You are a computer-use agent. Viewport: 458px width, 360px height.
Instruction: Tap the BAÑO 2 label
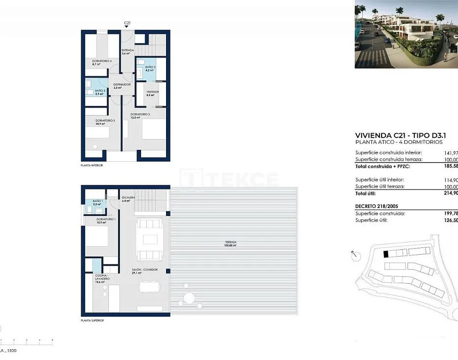[x=150, y=67]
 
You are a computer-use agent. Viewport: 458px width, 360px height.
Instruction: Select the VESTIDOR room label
[x=152, y=92]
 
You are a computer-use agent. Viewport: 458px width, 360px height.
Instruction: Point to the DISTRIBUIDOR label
[x=122, y=85]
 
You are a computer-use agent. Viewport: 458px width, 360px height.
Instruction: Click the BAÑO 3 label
[x=100, y=91]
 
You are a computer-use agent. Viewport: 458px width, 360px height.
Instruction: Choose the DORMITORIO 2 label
[x=140, y=115]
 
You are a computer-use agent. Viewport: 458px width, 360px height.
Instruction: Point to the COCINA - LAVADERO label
[x=102, y=277]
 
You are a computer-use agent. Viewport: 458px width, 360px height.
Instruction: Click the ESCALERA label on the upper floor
[x=129, y=198]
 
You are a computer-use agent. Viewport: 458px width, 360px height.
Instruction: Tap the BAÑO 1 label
[x=97, y=201]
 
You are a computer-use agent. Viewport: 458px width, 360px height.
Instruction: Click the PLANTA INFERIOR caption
[x=92, y=166]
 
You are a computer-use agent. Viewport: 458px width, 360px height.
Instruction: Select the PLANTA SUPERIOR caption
[x=93, y=320]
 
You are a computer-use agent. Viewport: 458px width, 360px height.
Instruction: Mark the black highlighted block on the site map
[x=386, y=254]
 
